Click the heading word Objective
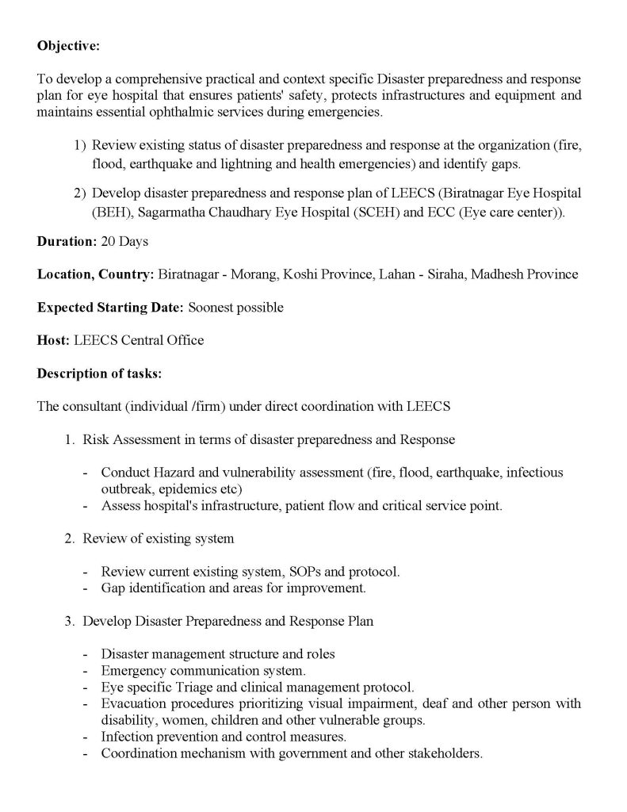(67, 46)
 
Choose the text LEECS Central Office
(139, 340)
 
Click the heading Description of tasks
(98, 373)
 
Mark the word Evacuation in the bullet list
(133, 703)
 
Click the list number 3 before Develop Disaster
(70, 621)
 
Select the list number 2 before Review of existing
(70, 538)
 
